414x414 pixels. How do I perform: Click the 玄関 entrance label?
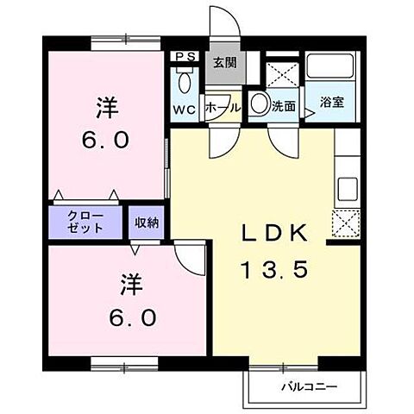point(225,62)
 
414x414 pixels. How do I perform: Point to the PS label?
point(185,57)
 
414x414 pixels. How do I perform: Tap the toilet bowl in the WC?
point(185,83)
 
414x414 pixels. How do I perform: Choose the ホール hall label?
point(223,109)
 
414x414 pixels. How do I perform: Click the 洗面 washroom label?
point(284,107)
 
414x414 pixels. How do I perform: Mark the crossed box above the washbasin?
point(281,72)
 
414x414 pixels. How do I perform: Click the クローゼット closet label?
point(86,222)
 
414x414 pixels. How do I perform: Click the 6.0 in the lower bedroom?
point(132,317)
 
